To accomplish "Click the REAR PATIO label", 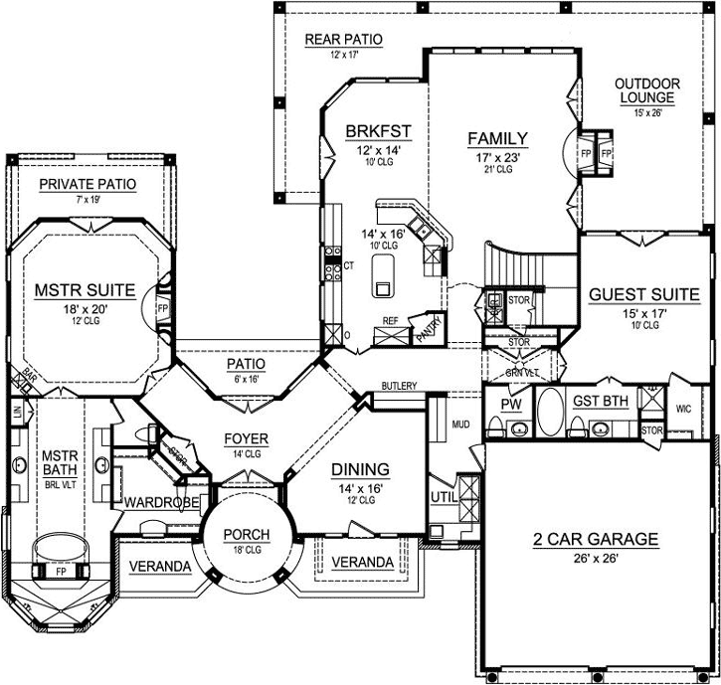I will (x=343, y=40).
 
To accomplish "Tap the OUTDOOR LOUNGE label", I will (x=646, y=90).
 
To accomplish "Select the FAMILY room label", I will (x=497, y=138).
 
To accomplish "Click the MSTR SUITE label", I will (x=86, y=290).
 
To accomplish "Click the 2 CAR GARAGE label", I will (x=595, y=540).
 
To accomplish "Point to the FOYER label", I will (x=245, y=439).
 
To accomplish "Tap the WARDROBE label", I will (x=157, y=502).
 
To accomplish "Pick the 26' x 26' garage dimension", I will (x=595, y=559).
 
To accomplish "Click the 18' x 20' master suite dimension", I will (x=86, y=310).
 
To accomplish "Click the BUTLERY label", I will (x=398, y=386).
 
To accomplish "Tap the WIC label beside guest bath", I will (x=683, y=408).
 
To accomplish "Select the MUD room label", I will (x=460, y=425).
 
